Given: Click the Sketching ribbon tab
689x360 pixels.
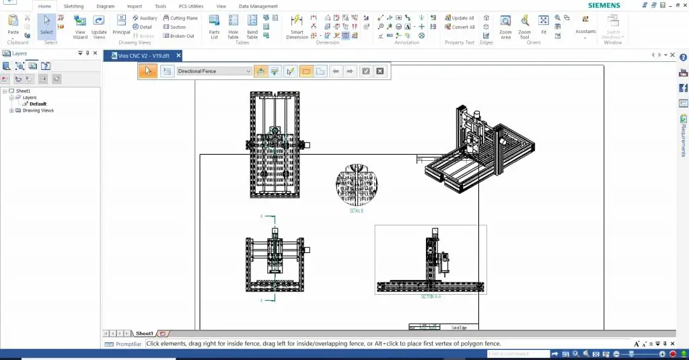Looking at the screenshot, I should [x=73, y=6].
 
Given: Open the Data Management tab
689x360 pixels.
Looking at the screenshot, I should [x=258, y=6].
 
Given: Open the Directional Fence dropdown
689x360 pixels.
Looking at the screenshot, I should [x=248, y=71].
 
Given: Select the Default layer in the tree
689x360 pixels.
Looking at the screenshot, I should [x=38, y=104].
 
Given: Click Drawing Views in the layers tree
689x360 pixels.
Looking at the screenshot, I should [x=38, y=110].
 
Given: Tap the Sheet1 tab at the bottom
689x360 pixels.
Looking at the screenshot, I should [x=144, y=333].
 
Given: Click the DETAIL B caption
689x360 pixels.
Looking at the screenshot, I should [x=356, y=211].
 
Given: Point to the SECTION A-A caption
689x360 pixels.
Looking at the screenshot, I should [x=430, y=296].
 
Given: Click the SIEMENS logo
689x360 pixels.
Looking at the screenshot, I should [x=604, y=5].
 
